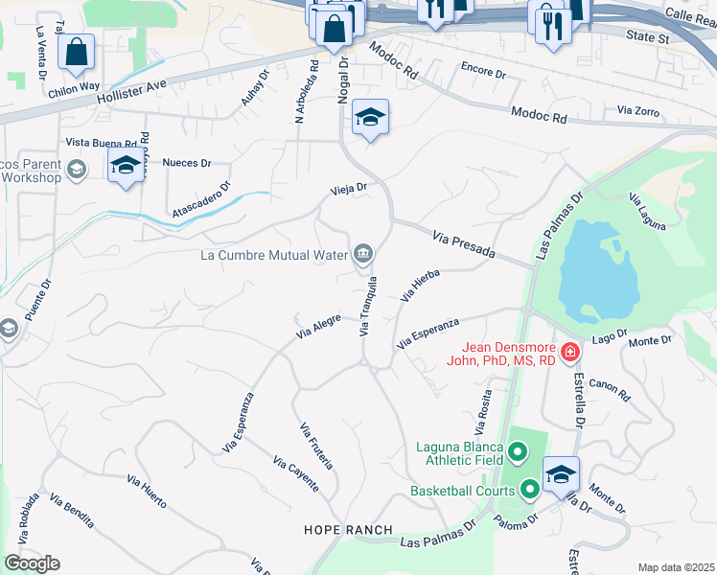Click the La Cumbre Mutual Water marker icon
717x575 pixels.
363,254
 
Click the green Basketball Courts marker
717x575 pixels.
529,491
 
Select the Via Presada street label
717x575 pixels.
463,244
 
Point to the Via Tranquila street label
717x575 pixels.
367,306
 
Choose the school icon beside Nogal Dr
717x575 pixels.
370,118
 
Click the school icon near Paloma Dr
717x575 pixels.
561,474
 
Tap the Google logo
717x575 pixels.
32,563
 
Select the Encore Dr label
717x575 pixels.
483,71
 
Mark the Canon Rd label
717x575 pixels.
609,388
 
